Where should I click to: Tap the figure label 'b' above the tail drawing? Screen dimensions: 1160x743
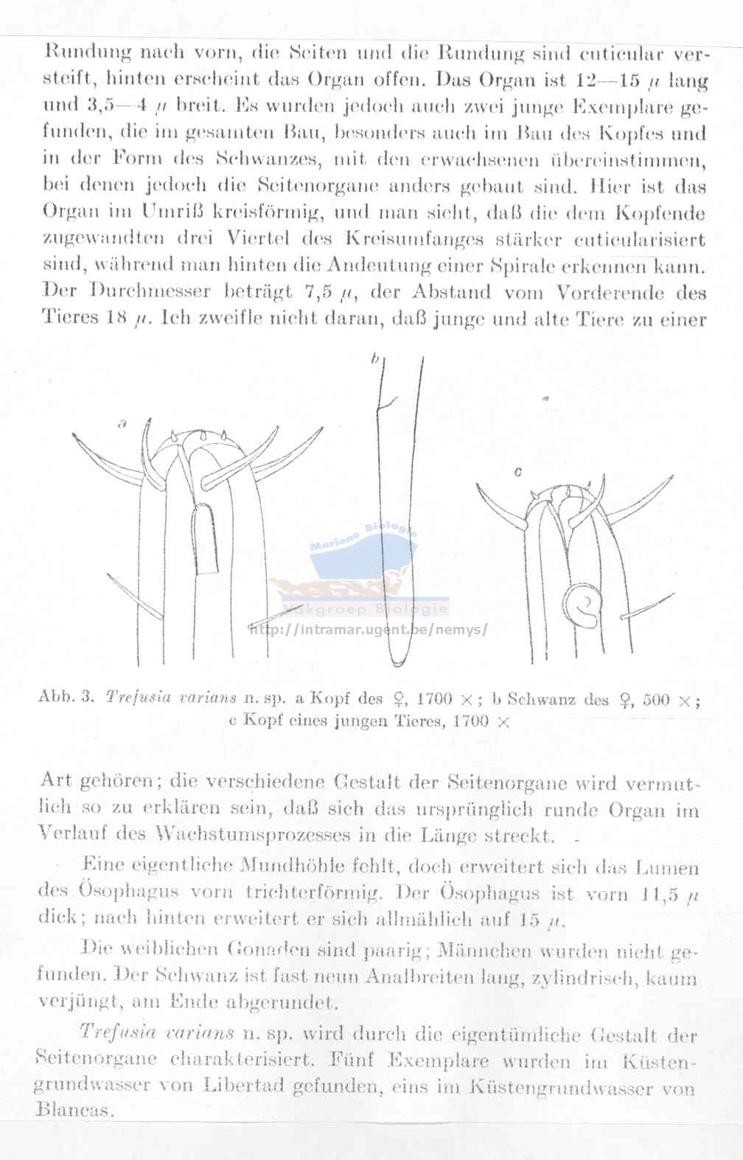375,359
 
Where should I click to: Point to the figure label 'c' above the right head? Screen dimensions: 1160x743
518,473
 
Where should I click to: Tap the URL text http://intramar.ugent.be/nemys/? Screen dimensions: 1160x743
369,630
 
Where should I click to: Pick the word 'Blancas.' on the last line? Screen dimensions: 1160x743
74,1110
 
